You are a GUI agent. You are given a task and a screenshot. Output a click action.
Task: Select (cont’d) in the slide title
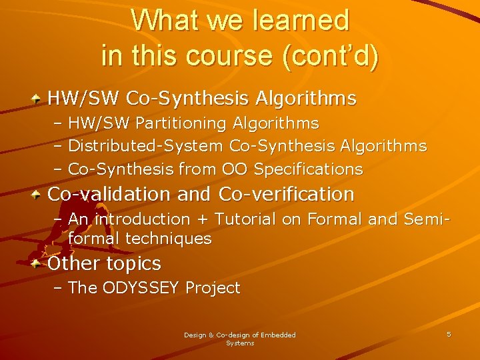(332, 55)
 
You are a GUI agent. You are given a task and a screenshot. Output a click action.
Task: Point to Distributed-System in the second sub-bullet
(146, 146)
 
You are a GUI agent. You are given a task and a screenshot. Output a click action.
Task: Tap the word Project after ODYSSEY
(213, 289)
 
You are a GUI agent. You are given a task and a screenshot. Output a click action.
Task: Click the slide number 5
(449, 334)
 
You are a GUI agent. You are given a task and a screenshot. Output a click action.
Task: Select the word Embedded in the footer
(279, 335)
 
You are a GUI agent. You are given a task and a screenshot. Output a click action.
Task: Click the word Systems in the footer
(240, 343)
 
